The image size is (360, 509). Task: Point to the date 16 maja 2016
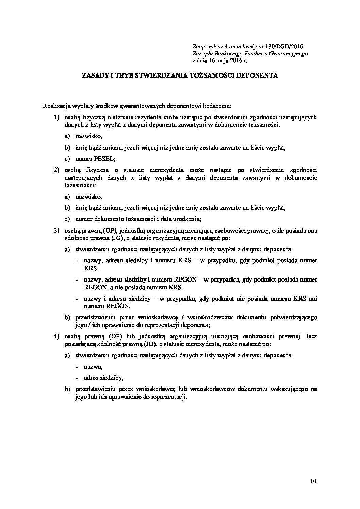point(222,61)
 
